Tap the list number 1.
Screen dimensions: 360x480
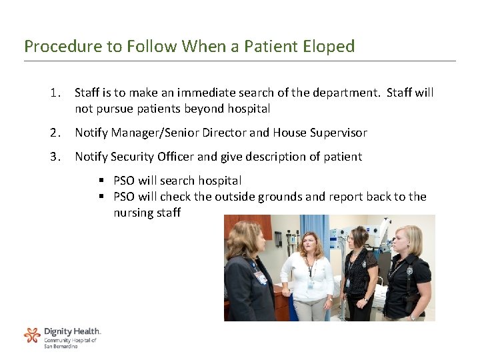point(55,93)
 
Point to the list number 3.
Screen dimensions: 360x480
point(55,157)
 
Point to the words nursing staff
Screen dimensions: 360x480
point(147,213)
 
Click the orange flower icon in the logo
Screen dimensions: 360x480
point(32,335)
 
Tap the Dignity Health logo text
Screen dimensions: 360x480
point(72,331)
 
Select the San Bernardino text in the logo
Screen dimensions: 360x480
point(61,346)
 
